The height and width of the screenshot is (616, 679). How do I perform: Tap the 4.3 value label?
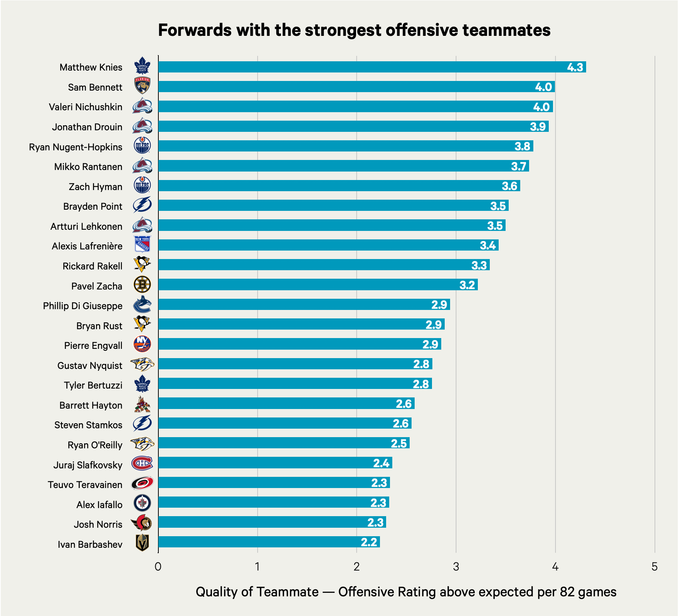(575, 67)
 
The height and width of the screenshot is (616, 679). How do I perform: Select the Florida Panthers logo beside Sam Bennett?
(142, 86)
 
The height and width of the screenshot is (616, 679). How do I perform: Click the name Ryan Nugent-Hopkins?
(76, 147)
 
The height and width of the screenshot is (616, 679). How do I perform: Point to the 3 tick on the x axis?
(456, 566)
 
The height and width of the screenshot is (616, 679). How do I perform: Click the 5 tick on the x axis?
(654, 566)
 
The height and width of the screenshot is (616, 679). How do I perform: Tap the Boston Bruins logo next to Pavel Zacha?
(142, 285)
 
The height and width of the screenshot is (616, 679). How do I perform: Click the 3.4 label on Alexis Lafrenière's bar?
(487, 246)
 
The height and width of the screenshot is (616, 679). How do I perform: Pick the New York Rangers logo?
(142, 244)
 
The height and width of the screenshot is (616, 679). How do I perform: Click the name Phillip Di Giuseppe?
(82, 306)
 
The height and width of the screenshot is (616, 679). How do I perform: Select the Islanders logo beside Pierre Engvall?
(142, 344)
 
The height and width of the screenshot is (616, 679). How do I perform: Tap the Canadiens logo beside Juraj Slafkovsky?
(142, 463)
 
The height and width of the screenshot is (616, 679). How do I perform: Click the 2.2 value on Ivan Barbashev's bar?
(369, 542)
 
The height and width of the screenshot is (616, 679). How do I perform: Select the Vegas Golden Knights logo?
(142, 543)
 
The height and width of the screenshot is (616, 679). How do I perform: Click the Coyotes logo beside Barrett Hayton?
(142, 404)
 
